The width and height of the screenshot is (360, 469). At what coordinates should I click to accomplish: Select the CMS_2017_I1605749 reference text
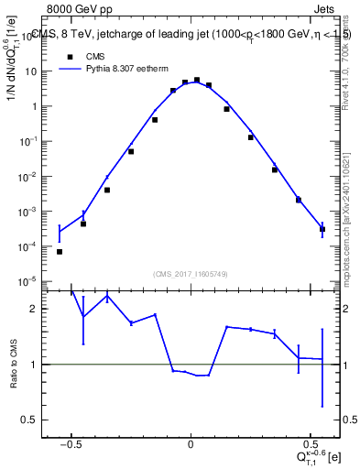tap(191, 273)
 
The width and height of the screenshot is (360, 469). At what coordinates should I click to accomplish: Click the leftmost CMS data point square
tap(60, 252)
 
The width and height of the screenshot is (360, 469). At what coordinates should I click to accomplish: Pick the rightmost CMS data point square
tap(322, 229)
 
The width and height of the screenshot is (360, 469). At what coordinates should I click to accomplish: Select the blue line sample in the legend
tap(71, 68)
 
